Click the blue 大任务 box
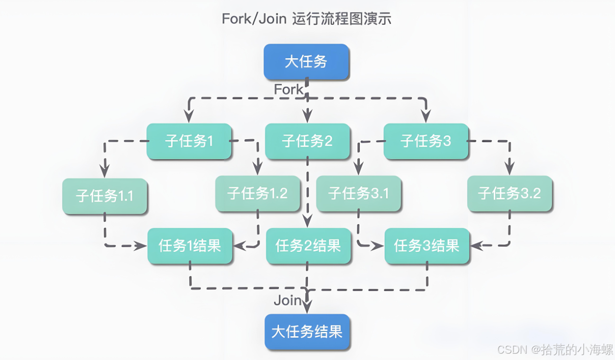pyautogui.click(x=306, y=62)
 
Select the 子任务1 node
pyautogui.click(x=189, y=141)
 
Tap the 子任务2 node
pyautogui.click(x=307, y=141)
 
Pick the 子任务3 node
pyautogui.click(x=426, y=141)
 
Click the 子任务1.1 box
pyautogui.click(x=104, y=196)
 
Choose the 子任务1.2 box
pyautogui.click(x=257, y=194)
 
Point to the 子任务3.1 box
pyautogui.click(x=358, y=194)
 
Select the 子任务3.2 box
pyautogui.click(x=509, y=194)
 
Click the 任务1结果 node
pyautogui.click(x=190, y=245)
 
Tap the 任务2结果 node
pyautogui.click(x=308, y=245)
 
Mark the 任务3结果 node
pyautogui.click(x=427, y=245)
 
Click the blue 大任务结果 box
pyautogui.click(x=307, y=332)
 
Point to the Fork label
pyautogui.click(x=289, y=89)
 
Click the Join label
pyautogui.click(x=288, y=300)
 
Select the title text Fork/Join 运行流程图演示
pyautogui.click(x=307, y=18)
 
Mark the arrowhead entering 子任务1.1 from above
pyautogui.click(x=104, y=171)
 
